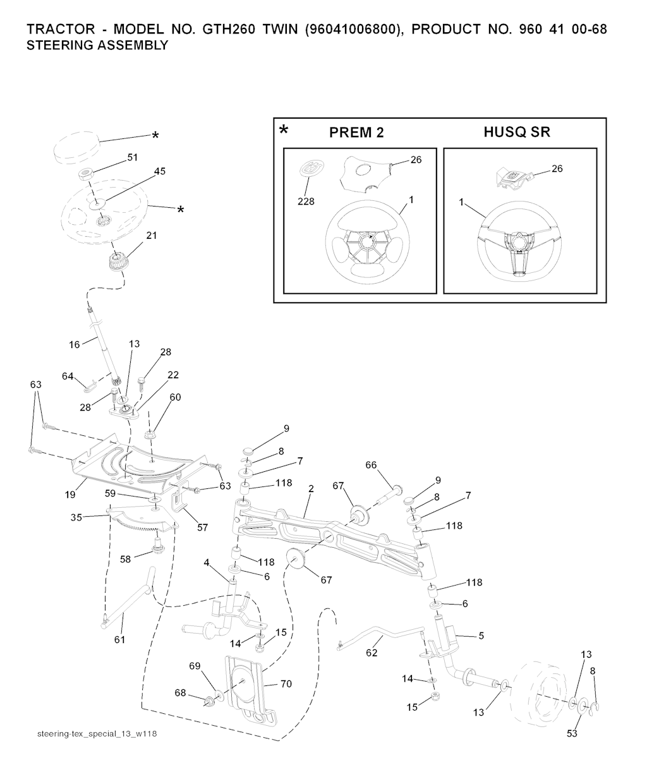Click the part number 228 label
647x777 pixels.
[305, 202]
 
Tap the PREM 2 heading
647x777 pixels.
[356, 133]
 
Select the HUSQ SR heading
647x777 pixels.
[517, 132]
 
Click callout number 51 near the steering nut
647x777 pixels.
[133, 157]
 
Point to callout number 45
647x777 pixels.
[160, 171]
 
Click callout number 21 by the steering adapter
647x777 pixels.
[152, 235]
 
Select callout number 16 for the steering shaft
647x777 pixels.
[75, 344]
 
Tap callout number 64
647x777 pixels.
[68, 376]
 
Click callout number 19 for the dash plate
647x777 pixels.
[70, 495]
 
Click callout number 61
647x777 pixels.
[119, 640]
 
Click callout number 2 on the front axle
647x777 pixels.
[311, 489]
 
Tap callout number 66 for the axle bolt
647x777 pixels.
[371, 465]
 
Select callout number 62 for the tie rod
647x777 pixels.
[372, 653]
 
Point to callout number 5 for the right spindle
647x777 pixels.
[481, 635]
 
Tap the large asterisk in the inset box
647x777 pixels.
[284, 131]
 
